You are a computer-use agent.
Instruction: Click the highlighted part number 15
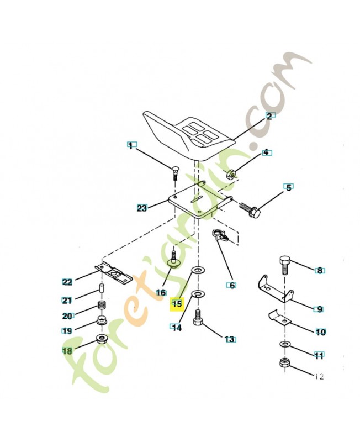tap(177, 304)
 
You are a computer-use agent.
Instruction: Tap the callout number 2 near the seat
tap(269, 116)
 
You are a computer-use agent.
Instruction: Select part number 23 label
tap(142, 208)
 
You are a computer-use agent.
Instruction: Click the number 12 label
tap(319, 377)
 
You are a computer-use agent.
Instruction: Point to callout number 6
tap(232, 286)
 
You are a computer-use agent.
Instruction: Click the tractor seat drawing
tap(189, 136)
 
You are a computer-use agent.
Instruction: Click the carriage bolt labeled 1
tap(174, 173)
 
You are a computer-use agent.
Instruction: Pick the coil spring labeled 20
tap(102, 306)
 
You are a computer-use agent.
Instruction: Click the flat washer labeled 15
tap(198, 270)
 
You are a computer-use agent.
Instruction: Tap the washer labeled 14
tap(198, 294)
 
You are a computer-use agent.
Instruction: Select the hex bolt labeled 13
tap(198, 318)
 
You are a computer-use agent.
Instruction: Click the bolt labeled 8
tap(285, 265)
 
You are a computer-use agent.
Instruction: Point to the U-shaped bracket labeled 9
tap(274, 289)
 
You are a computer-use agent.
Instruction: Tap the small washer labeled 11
tap(285, 344)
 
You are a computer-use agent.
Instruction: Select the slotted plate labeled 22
tap(114, 272)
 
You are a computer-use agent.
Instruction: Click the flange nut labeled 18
tap(102, 338)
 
